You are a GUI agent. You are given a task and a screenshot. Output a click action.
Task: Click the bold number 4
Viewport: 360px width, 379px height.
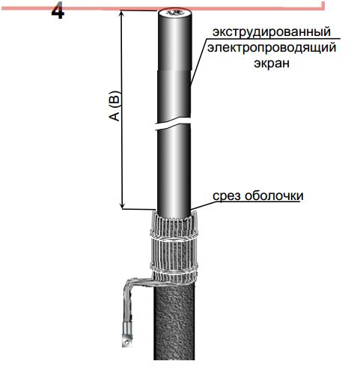coord(58,12)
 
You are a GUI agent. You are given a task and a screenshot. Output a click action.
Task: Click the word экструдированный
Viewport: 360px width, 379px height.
coord(272,31)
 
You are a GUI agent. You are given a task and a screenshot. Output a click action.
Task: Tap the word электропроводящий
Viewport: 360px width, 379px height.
coord(272,47)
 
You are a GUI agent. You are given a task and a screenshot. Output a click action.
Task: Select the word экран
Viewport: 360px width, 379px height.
coord(272,63)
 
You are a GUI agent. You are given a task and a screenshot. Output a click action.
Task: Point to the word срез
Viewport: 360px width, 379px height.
coord(227,195)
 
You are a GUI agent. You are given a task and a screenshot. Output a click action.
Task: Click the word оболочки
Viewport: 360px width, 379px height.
coord(274,195)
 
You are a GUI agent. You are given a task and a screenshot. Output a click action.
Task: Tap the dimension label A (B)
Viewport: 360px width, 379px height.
coord(115,106)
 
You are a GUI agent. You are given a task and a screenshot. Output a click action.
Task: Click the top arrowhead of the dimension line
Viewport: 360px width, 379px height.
coord(122,13)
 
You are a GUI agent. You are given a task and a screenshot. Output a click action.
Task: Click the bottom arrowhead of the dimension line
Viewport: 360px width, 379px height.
coord(122,206)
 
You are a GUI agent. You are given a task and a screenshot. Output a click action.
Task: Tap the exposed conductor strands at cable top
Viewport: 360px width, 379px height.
coord(174,13)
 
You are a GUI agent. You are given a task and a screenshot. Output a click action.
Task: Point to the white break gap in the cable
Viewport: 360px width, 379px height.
coord(173,124)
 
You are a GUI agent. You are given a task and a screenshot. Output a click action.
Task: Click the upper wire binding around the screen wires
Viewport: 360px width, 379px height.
coord(174,235)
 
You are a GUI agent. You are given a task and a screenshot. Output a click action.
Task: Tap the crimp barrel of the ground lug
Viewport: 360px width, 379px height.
coord(127,328)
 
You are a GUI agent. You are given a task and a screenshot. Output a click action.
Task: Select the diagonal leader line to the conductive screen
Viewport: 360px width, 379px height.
coord(198,61)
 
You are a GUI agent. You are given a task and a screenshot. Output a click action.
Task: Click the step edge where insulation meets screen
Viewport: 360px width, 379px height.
coord(174,70)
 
